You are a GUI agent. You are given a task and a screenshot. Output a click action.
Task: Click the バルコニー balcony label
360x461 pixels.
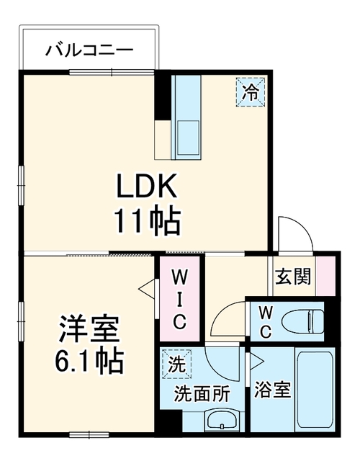pyautogui.click(x=89, y=50)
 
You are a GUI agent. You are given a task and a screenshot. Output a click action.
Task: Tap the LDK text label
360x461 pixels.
pyautogui.click(x=147, y=186)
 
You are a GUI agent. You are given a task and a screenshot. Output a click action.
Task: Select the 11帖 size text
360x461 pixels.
pyautogui.click(x=147, y=221)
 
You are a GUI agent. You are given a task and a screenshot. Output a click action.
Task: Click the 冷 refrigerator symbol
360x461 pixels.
pyautogui.click(x=251, y=92)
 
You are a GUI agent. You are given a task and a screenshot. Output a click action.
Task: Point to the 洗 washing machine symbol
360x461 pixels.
pyautogui.click(x=176, y=364)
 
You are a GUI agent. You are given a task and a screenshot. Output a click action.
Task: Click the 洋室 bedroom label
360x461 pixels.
pyautogui.click(x=89, y=329)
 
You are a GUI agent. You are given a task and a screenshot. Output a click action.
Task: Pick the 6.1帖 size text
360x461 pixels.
pyautogui.click(x=89, y=360)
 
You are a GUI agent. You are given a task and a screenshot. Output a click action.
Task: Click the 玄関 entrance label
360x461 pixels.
pyautogui.click(x=293, y=277)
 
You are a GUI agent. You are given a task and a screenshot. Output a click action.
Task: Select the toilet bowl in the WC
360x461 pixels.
pyautogui.click(x=302, y=321)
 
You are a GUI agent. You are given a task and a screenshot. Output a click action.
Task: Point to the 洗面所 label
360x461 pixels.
pyautogui.click(x=202, y=394)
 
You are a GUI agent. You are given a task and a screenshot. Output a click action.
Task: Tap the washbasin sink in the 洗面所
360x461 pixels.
pyautogui.click(x=222, y=420)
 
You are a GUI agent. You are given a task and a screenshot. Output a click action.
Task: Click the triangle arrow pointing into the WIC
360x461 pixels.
pyautogui.click(x=147, y=290)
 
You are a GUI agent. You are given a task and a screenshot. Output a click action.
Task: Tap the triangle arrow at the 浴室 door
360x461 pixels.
pyautogui.click(x=256, y=360)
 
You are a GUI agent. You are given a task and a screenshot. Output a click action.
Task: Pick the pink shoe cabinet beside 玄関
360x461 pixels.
pyautogui.click(x=325, y=276)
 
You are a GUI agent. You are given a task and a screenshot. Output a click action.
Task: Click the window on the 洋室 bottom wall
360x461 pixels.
pyautogui.click(x=89, y=434)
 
